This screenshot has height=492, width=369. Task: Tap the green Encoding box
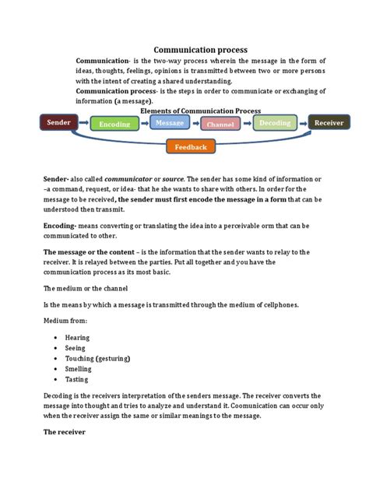(x=114, y=125)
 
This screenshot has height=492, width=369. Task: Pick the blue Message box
(x=170, y=123)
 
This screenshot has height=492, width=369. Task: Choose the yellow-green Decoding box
(x=275, y=123)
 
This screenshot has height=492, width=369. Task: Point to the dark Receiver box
(x=329, y=122)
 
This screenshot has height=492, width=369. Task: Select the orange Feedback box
(x=191, y=146)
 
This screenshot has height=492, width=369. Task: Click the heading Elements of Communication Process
(x=200, y=111)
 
